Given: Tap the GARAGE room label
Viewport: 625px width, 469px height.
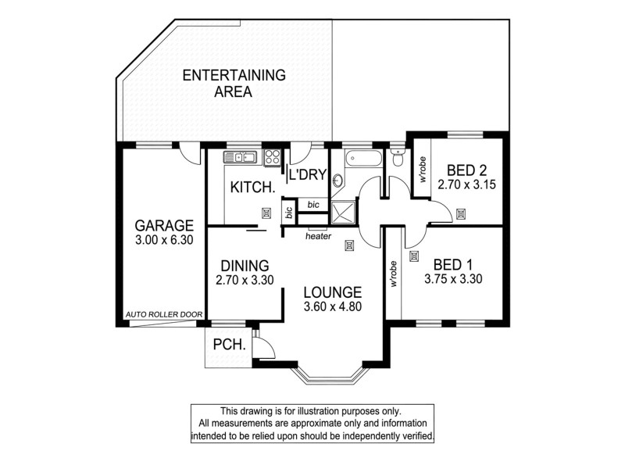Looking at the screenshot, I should pyautogui.click(x=162, y=227).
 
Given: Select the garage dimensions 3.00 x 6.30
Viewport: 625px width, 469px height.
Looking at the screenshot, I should pyautogui.click(x=162, y=242).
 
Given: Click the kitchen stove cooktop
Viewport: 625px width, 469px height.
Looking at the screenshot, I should pyautogui.click(x=273, y=157).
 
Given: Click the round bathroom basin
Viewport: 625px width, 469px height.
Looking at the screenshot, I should pyautogui.click(x=337, y=181).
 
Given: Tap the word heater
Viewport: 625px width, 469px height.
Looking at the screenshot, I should pyautogui.click(x=318, y=236).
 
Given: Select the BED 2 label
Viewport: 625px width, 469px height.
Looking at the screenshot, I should pyautogui.click(x=467, y=170).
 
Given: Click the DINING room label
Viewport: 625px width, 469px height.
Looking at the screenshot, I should pyautogui.click(x=245, y=266).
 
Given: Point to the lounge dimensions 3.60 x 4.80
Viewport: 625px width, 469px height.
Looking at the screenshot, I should pyautogui.click(x=333, y=306).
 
